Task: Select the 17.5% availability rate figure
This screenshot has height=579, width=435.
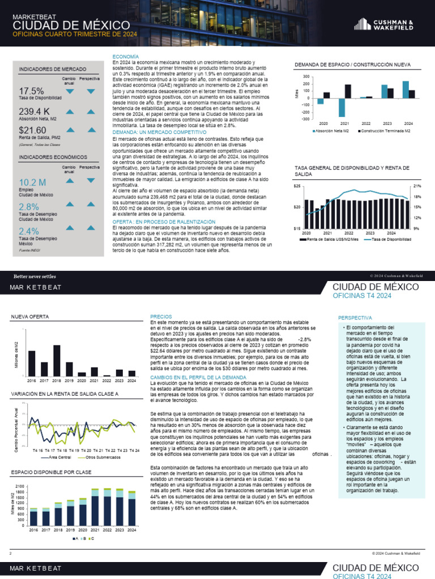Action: (31, 91)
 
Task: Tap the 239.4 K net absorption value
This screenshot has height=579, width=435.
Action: (34, 111)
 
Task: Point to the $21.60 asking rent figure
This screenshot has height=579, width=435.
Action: (32, 131)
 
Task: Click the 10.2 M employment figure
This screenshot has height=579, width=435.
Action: (32, 182)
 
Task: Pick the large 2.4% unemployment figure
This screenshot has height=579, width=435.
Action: (29, 231)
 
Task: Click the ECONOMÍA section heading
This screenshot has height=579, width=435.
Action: (125, 57)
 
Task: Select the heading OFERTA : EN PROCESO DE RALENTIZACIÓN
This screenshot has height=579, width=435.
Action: (164, 222)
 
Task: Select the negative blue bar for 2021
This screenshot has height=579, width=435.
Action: (342, 107)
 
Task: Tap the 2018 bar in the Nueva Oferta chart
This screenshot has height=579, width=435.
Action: (57, 360)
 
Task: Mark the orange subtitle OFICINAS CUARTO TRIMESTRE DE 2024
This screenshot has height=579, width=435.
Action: (75, 34)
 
